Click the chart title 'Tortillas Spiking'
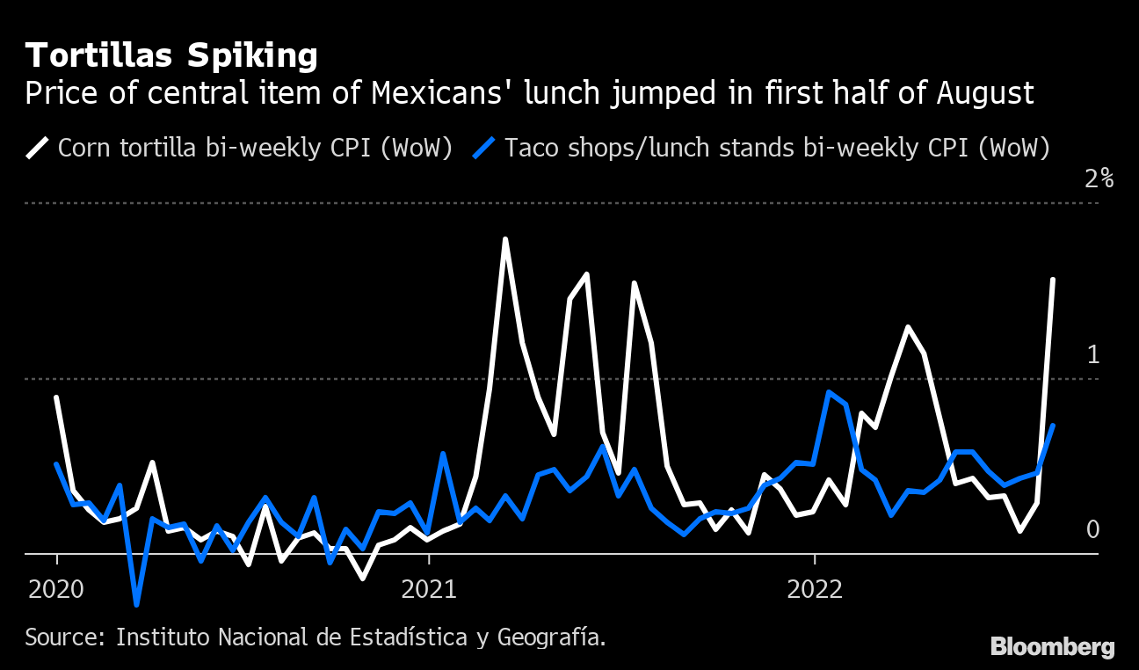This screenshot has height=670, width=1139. point(171,56)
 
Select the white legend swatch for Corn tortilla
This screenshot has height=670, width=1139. point(38,147)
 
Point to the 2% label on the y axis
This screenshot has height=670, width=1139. point(1099,179)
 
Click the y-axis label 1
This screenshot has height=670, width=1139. point(1093,355)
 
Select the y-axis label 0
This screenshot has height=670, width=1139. point(1092,529)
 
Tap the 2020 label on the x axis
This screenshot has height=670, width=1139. point(57,588)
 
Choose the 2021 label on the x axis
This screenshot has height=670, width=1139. point(430,588)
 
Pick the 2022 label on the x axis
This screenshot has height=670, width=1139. point(815,588)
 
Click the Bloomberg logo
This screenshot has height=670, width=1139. point(1053,647)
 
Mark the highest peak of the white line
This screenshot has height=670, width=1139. point(505,238)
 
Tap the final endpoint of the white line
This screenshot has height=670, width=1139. point(1053,280)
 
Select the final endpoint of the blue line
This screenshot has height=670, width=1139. point(1053,426)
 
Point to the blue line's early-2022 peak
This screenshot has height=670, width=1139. point(829,392)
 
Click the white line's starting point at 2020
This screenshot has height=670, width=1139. point(57,397)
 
